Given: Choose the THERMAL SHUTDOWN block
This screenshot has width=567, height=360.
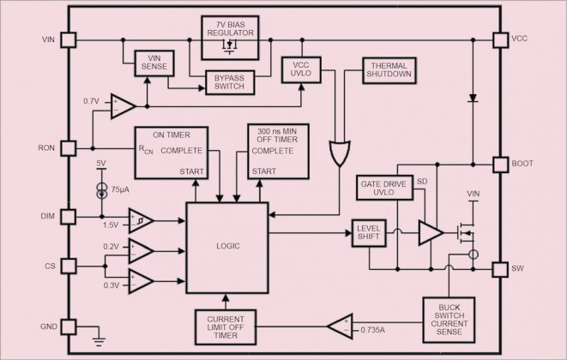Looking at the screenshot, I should tap(390, 69).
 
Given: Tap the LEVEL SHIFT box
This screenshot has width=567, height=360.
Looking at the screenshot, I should tap(371, 232).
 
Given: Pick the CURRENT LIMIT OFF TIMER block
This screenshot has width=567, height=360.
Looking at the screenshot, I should tap(226, 326).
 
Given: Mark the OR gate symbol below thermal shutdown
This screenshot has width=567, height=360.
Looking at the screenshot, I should tap(341, 154).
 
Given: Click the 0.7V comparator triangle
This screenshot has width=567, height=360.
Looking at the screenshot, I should tap(123, 107).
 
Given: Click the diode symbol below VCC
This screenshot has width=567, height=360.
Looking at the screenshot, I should tap(473, 98).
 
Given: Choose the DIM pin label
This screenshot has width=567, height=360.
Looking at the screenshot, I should tap(47, 216).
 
